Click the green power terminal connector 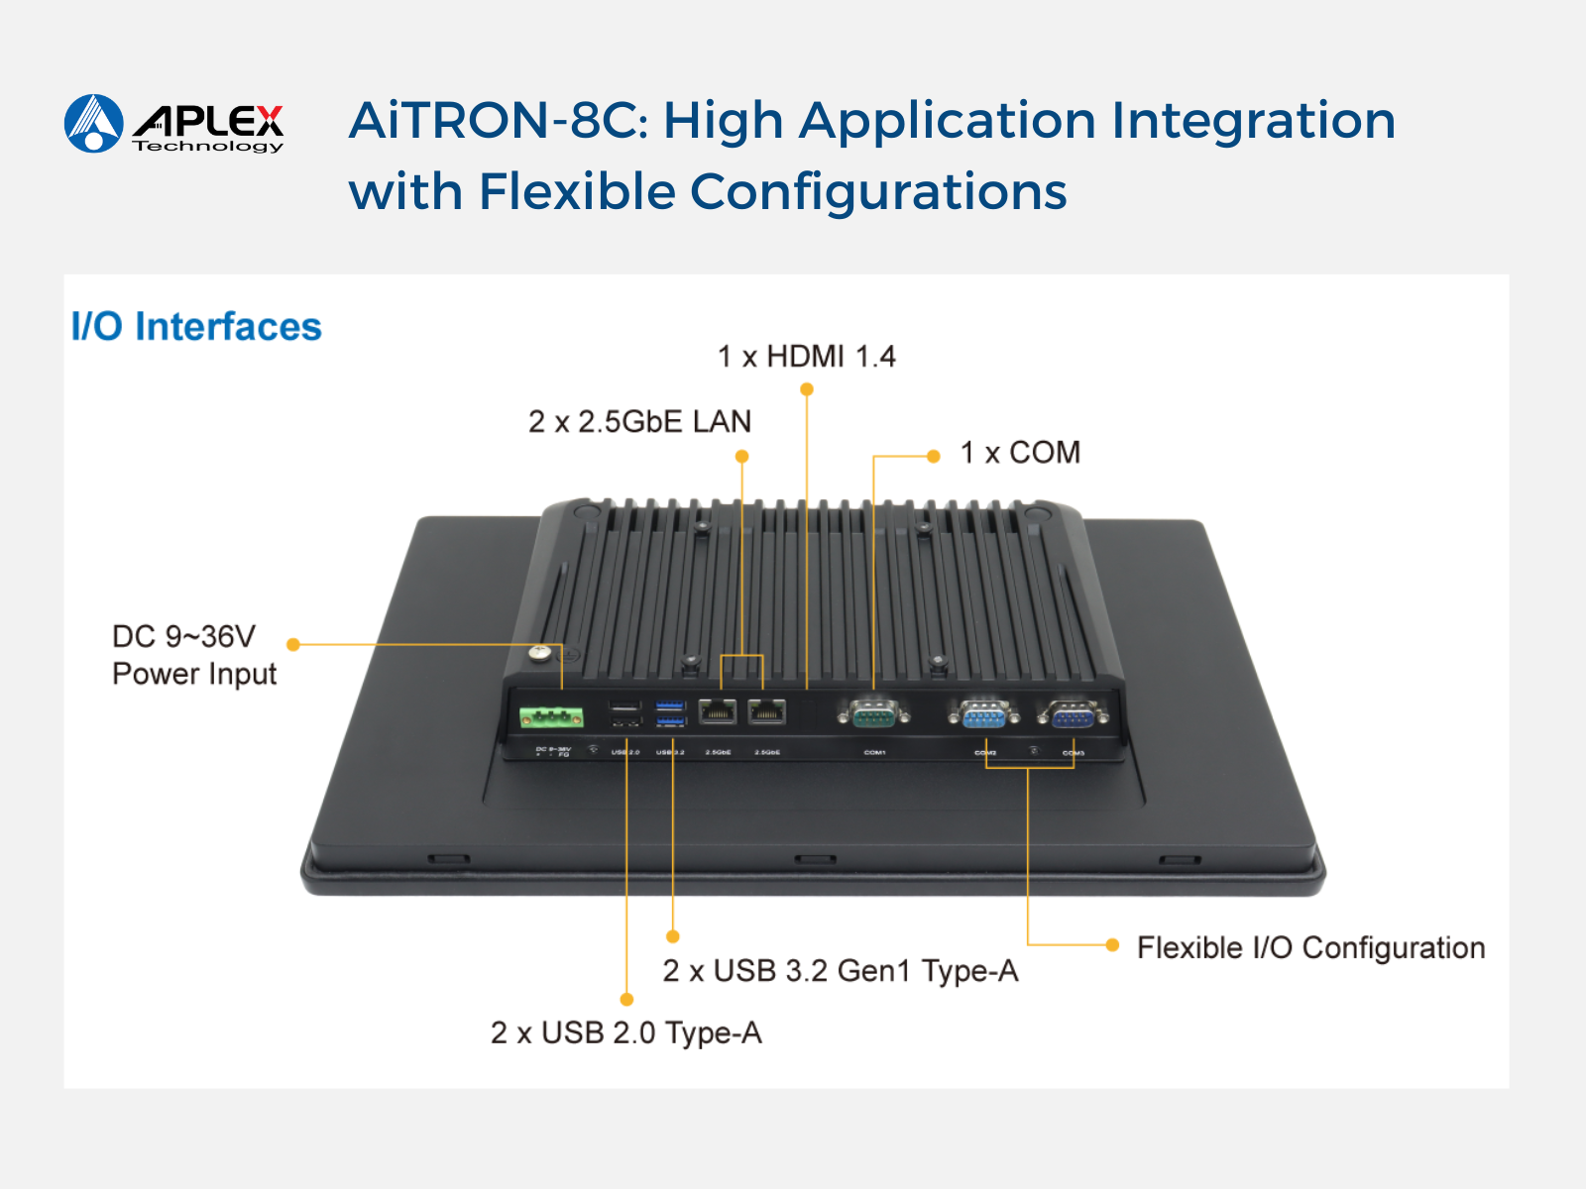tap(551, 716)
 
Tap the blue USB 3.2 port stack tap(670, 713)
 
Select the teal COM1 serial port tap(872, 712)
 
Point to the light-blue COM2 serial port tap(982, 713)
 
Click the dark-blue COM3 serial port tap(1072, 713)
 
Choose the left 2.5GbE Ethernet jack tap(718, 711)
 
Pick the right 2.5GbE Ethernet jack tap(766, 711)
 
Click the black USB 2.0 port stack tap(624, 713)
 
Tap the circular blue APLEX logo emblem tap(94, 124)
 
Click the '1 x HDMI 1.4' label tap(806, 357)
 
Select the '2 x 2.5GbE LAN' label tap(639, 422)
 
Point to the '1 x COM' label tap(1020, 453)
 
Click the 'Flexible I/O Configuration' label tap(1310, 948)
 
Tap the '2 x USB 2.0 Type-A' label tap(625, 1033)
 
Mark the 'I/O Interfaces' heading tap(196, 327)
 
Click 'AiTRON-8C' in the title tap(496, 121)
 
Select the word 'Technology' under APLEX tap(208, 147)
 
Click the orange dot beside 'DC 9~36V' tap(293, 644)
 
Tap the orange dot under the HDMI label tap(807, 389)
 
